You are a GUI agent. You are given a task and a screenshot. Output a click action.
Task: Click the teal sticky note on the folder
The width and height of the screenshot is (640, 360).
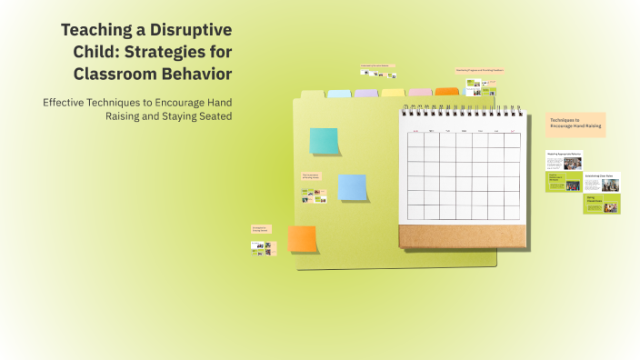[324, 141]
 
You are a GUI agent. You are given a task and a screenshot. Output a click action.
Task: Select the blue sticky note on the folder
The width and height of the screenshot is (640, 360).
[352, 186]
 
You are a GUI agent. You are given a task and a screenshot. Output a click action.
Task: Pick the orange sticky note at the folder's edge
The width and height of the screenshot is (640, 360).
[302, 238]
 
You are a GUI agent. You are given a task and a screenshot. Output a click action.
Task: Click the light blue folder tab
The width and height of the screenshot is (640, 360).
[339, 94]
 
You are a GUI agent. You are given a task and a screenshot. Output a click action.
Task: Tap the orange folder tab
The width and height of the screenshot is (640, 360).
[446, 92]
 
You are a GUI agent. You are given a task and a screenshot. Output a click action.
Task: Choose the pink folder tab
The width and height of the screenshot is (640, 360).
[420, 93]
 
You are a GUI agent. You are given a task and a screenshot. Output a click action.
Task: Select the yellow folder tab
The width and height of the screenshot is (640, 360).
[393, 93]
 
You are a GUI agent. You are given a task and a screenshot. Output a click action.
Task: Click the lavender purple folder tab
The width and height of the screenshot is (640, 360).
[365, 94]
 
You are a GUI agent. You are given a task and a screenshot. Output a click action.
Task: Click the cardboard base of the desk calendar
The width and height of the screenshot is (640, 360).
[462, 236]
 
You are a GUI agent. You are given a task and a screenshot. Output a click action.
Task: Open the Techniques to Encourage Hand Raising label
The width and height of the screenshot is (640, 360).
[575, 125]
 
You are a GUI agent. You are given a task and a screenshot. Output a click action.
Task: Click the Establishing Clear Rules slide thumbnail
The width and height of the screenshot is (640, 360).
[601, 182]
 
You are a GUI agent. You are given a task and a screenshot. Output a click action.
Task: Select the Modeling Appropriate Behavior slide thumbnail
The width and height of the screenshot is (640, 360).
[564, 160]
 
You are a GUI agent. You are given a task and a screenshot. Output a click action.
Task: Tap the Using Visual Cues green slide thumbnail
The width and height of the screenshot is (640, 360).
[601, 205]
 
